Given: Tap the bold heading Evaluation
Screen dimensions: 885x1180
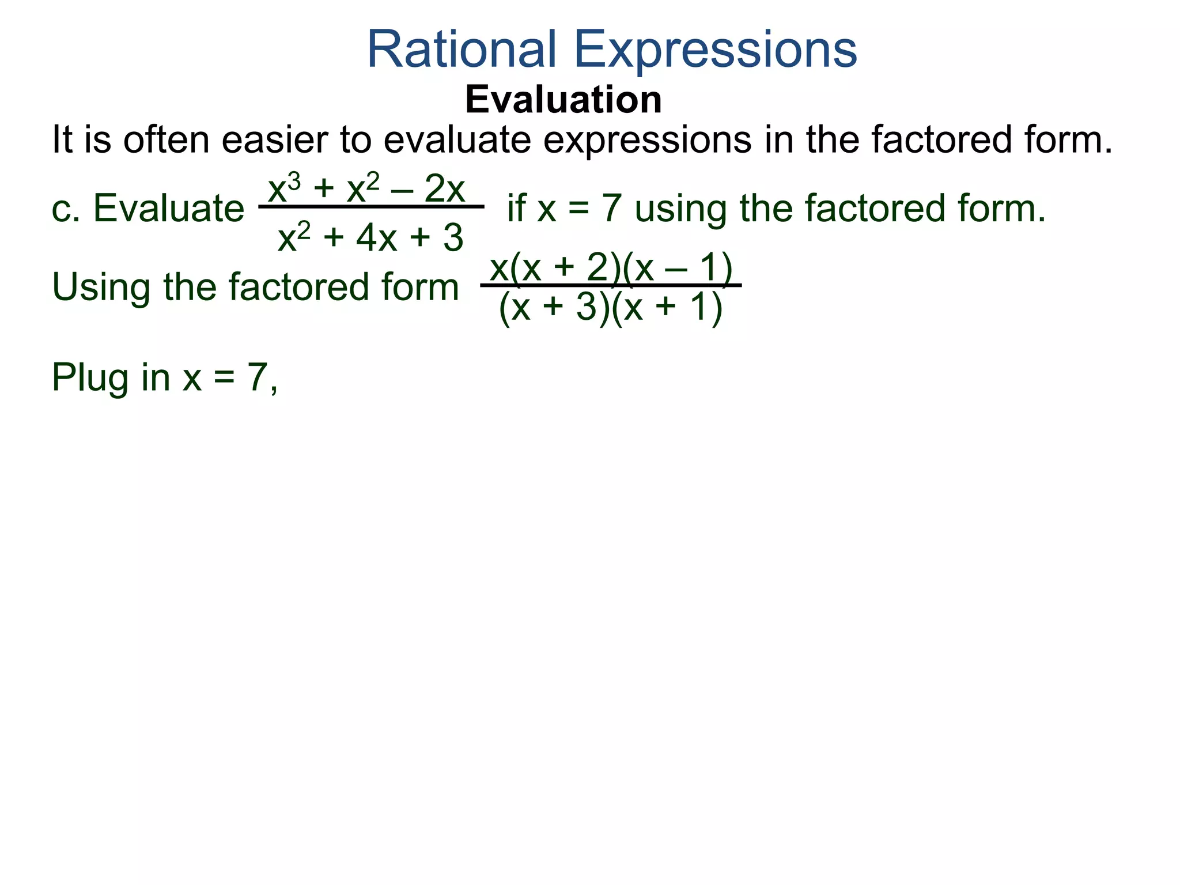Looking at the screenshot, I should (x=563, y=100).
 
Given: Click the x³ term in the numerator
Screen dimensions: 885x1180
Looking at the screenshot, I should (x=284, y=188).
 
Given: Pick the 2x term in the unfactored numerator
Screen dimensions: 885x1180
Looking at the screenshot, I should (x=444, y=188).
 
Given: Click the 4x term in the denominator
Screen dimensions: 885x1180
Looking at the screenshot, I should (x=376, y=238).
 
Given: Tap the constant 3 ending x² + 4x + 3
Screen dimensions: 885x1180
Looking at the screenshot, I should (x=453, y=238).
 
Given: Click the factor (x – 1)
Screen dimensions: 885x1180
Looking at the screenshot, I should (x=678, y=268).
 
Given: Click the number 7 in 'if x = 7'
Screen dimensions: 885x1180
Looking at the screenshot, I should (x=612, y=208).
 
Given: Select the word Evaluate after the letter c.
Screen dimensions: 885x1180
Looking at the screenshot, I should (x=168, y=208).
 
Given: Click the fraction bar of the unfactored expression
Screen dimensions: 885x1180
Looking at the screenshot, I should (x=371, y=206).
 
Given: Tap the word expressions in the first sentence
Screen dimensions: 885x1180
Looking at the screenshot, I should (x=647, y=140).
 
